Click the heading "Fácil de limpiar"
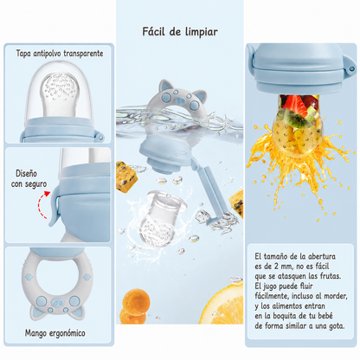pyautogui.click(x=180, y=31)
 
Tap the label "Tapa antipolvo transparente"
pyautogui.click(x=60, y=54)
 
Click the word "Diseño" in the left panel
pyautogui.click(x=26, y=173)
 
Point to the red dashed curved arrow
pyautogui.click(x=42, y=204)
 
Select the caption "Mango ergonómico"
pyautogui.click(x=55, y=333)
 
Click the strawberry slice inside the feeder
pyautogui.click(x=294, y=105)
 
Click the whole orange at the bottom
pyautogui.click(x=136, y=306)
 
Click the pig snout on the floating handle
pyautogui.click(x=181, y=100)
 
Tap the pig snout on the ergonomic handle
pyautogui.click(x=58, y=303)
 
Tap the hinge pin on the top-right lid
pyautogui.click(x=351, y=69)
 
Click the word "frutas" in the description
pyautogui.click(x=331, y=276)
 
